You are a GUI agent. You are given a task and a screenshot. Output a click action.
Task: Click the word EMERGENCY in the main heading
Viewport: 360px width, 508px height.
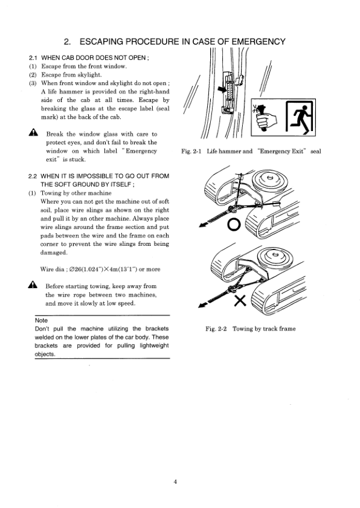(259, 42)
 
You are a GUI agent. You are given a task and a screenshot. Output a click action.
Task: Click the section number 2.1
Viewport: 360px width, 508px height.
(33, 58)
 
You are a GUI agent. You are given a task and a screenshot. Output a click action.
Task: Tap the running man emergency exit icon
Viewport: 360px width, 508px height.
(300, 118)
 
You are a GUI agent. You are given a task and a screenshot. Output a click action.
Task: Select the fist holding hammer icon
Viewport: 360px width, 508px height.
(265, 117)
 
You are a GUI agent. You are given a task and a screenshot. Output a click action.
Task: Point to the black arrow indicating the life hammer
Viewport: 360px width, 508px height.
(222, 89)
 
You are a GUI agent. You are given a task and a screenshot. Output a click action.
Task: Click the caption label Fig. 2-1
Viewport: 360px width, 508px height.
(191, 151)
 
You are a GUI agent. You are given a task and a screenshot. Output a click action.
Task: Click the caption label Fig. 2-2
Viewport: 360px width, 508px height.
(216, 329)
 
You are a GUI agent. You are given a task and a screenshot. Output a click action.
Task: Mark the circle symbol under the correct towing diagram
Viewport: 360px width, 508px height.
(234, 225)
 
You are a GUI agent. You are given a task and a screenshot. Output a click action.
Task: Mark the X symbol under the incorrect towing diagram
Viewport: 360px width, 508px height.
(240, 301)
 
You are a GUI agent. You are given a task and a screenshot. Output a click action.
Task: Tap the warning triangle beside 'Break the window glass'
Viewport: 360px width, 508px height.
(33, 132)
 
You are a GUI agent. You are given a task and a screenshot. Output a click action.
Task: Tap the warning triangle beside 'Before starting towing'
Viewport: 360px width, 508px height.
(33, 285)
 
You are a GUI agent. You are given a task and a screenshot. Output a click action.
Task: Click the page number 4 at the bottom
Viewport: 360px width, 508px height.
(175, 482)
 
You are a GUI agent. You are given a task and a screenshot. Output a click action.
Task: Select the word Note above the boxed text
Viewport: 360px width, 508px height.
(41, 320)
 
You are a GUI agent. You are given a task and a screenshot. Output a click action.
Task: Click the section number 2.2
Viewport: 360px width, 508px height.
(33, 176)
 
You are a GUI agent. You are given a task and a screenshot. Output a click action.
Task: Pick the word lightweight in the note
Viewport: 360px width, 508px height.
(154, 346)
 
